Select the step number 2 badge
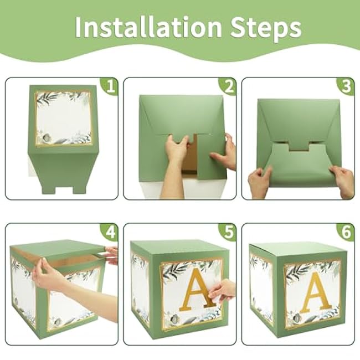[228, 86]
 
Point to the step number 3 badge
[346, 86]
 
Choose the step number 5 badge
[228, 232]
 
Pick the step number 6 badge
[346, 232]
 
